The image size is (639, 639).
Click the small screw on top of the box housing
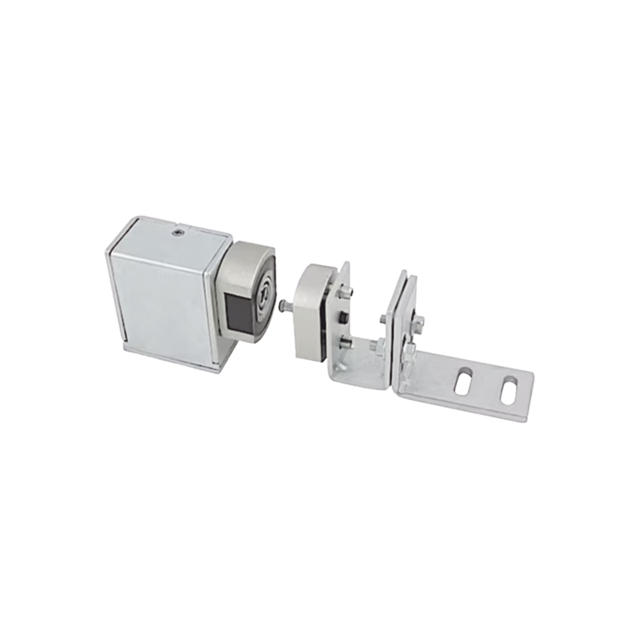click(x=178, y=233)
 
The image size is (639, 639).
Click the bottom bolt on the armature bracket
click(x=344, y=341)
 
